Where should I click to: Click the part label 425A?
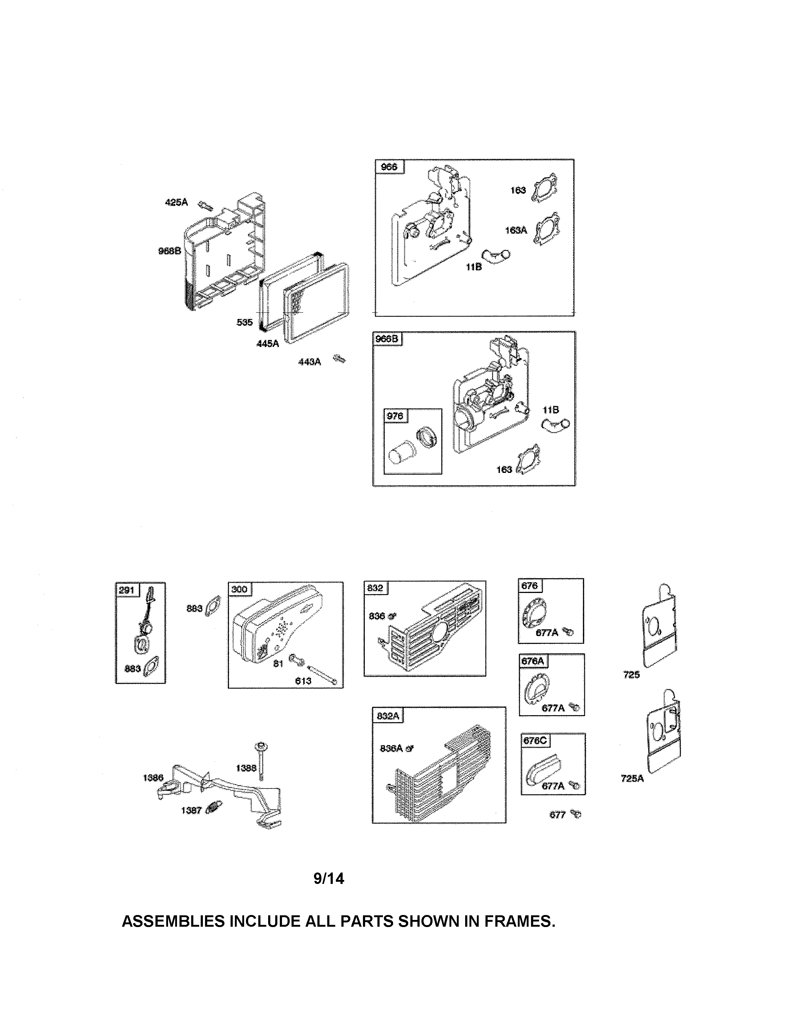point(176,202)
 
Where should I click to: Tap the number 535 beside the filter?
point(245,322)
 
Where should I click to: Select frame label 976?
point(395,416)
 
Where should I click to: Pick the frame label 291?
point(127,590)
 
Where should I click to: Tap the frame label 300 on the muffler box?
point(239,589)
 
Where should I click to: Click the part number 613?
point(303,681)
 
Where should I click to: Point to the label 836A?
point(391,748)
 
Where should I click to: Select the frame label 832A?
point(387,716)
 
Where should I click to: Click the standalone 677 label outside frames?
point(557,815)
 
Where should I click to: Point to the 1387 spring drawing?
point(214,808)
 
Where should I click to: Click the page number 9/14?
point(329,879)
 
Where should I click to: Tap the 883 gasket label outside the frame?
point(194,608)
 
